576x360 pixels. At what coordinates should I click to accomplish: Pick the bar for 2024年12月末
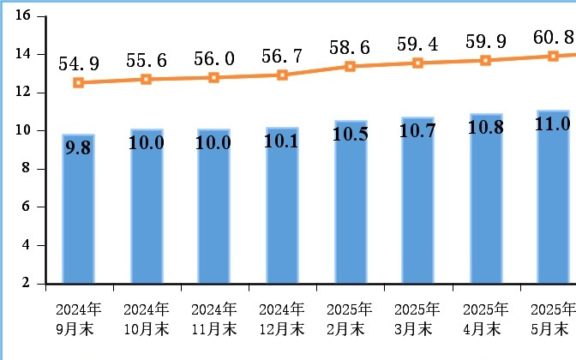[282, 214]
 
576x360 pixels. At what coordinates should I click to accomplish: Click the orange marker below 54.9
[78, 83]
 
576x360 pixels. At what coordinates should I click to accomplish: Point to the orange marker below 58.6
[350, 66]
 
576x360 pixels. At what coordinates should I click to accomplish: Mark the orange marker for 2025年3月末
[417, 63]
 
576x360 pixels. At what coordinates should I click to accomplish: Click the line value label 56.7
[282, 56]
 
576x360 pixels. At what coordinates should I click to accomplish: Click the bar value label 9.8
[78, 147]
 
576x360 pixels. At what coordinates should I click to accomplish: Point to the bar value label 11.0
[553, 124]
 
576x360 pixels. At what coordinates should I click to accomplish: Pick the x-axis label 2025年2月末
[350, 318]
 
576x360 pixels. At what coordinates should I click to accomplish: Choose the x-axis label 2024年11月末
[213, 318]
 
